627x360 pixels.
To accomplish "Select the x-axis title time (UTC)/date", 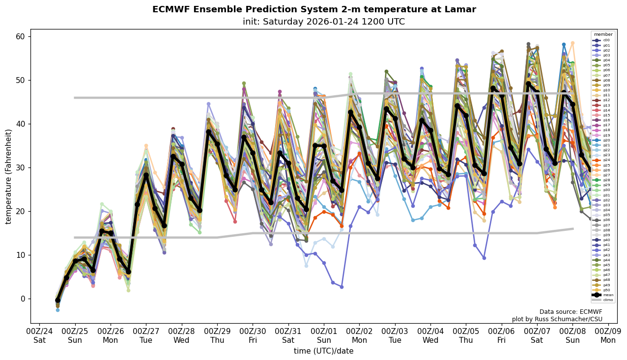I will click(323, 351).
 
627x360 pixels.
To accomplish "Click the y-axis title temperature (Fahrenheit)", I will click(8, 176).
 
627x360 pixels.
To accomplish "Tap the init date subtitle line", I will click(323, 22).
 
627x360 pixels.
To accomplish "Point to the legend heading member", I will click(603, 35).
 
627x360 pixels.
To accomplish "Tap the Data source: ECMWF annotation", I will click(570, 312).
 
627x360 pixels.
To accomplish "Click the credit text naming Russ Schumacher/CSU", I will click(557, 319).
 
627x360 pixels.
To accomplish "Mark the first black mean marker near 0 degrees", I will click(57, 300).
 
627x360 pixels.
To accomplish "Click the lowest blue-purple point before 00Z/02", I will click(342, 287).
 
